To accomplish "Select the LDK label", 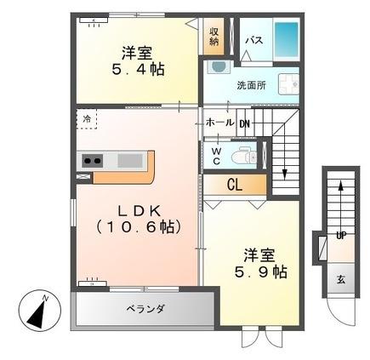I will [137, 209].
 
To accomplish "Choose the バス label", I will [254, 39].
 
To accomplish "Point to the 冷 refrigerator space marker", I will [87, 119].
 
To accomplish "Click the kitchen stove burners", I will [92, 160].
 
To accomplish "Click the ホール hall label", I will [219, 123].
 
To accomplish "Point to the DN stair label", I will [244, 123].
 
